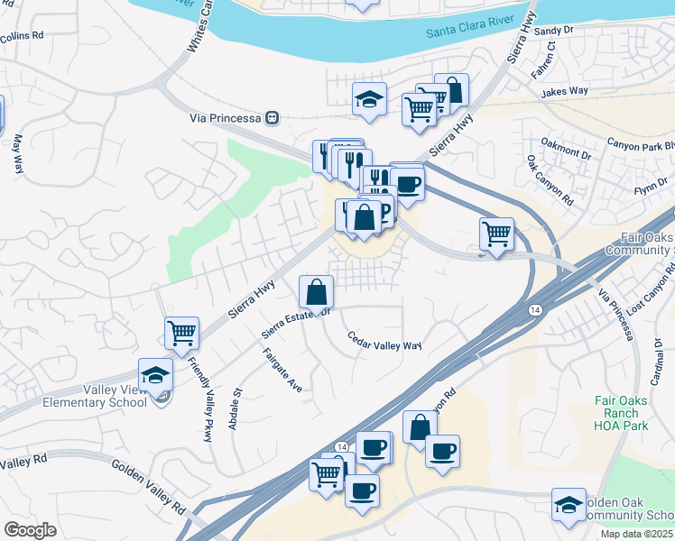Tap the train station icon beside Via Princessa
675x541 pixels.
coord(272,118)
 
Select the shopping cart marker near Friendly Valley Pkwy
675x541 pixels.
coord(182,333)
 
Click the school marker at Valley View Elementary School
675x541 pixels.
coord(155,374)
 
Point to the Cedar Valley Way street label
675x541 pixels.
coord(385,341)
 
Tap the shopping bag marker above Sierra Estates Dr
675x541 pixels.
coord(317,291)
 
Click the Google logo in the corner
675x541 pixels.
coord(30,529)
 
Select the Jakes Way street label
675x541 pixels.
coord(564,92)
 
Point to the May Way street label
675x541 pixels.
coord(17,153)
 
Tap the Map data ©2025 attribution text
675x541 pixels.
coord(636,534)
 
